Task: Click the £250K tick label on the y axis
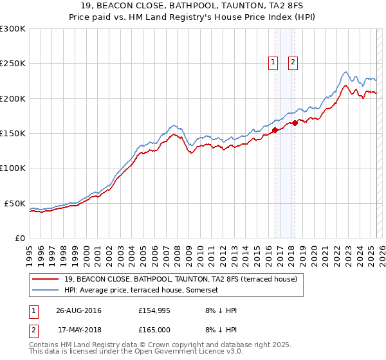click(x=12, y=64)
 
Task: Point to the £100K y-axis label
click(x=12, y=168)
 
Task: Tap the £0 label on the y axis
click(x=19, y=238)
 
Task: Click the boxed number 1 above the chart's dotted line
click(x=273, y=62)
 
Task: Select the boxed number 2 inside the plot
click(x=293, y=62)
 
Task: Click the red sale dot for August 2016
click(x=275, y=130)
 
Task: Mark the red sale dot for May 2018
click(x=295, y=123)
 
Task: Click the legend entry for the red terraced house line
click(x=180, y=279)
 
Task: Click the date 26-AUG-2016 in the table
click(x=78, y=310)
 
